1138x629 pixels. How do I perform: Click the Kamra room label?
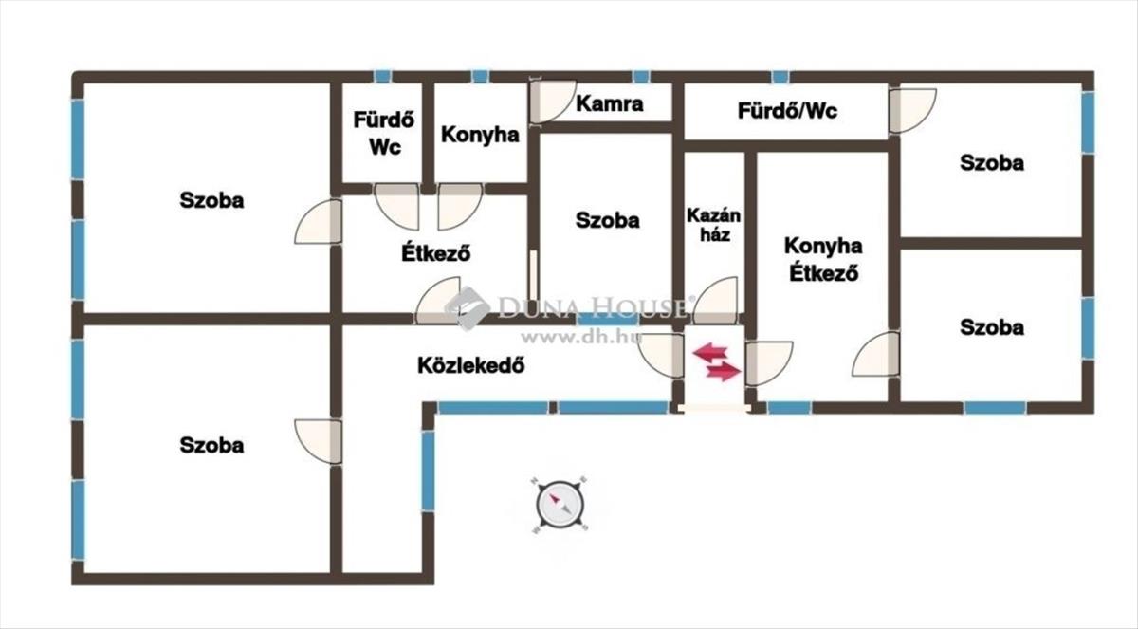(x=610, y=103)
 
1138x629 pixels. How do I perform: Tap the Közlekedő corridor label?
(x=471, y=365)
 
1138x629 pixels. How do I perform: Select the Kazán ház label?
(x=714, y=225)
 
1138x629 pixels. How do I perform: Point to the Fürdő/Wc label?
(x=787, y=111)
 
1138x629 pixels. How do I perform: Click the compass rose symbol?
(x=560, y=505)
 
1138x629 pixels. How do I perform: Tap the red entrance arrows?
(x=716, y=361)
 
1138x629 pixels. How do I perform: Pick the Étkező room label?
(x=436, y=252)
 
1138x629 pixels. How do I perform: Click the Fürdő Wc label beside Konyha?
(x=384, y=133)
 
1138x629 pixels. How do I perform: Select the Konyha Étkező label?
(x=823, y=259)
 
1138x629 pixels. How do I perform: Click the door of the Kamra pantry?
(x=552, y=101)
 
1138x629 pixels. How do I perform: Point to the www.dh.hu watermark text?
(x=581, y=337)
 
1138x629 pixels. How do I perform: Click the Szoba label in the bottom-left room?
(x=211, y=446)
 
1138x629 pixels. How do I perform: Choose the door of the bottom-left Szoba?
(x=319, y=441)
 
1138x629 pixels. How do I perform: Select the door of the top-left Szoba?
(x=319, y=222)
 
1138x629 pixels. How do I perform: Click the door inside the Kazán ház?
(x=715, y=301)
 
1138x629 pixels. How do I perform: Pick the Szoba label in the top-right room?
(x=992, y=163)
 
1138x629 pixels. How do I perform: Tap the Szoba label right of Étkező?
(x=607, y=220)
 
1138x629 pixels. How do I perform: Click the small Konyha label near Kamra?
(x=480, y=135)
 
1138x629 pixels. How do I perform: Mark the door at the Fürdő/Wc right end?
(x=912, y=111)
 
